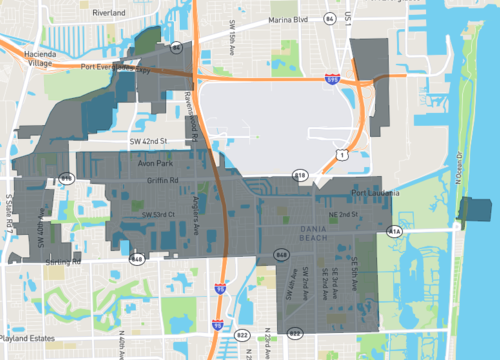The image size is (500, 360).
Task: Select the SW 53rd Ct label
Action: tap(158, 214)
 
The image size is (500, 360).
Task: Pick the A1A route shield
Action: tap(395, 231)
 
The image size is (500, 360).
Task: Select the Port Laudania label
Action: tap(375, 193)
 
